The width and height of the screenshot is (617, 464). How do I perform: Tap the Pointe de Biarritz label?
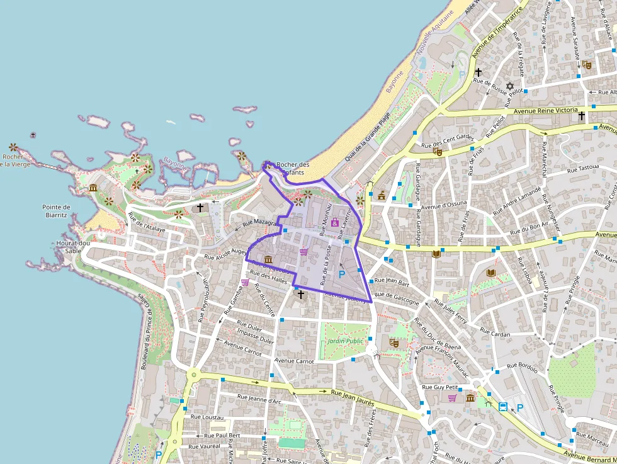pyautogui.click(x=56, y=210)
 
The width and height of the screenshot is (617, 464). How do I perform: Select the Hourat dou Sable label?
pyautogui.click(x=73, y=246)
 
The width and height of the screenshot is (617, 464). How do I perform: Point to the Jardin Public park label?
pyautogui.click(x=346, y=341)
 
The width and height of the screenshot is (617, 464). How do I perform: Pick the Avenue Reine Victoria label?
pyautogui.click(x=545, y=110)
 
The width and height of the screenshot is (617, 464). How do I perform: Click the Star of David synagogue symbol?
pyautogui.click(x=510, y=86)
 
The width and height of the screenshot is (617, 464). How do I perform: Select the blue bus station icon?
pyautogui.click(x=503, y=407)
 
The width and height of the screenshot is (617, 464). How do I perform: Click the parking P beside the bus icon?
pyautogui.click(x=520, y=407)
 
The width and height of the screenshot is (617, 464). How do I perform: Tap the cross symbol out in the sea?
pyautogui.click(x=33, y=135)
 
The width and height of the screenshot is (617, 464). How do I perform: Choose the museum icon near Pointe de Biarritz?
pyautogui.click(x=93, y=188)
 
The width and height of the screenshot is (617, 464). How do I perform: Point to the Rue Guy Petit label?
pyautogui.click(x=439, y=387)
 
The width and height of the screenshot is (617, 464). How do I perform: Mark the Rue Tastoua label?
pyautogui.click(x=582, y=169)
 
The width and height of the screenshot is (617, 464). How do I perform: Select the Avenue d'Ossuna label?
pyautogui.click(x=444, y=204)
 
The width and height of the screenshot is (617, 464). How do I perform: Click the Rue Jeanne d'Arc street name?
pyautogui.click(x=259, y=399)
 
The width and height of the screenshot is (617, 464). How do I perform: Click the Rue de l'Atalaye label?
pyautogui.click(x=147, y=224)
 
